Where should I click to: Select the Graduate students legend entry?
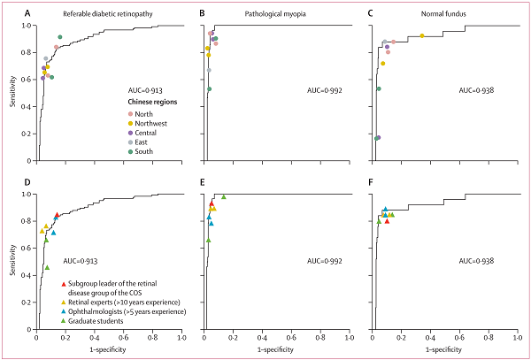point(103,321)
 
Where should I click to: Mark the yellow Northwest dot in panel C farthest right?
point(422,35)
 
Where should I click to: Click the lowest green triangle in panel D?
point(47,267)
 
